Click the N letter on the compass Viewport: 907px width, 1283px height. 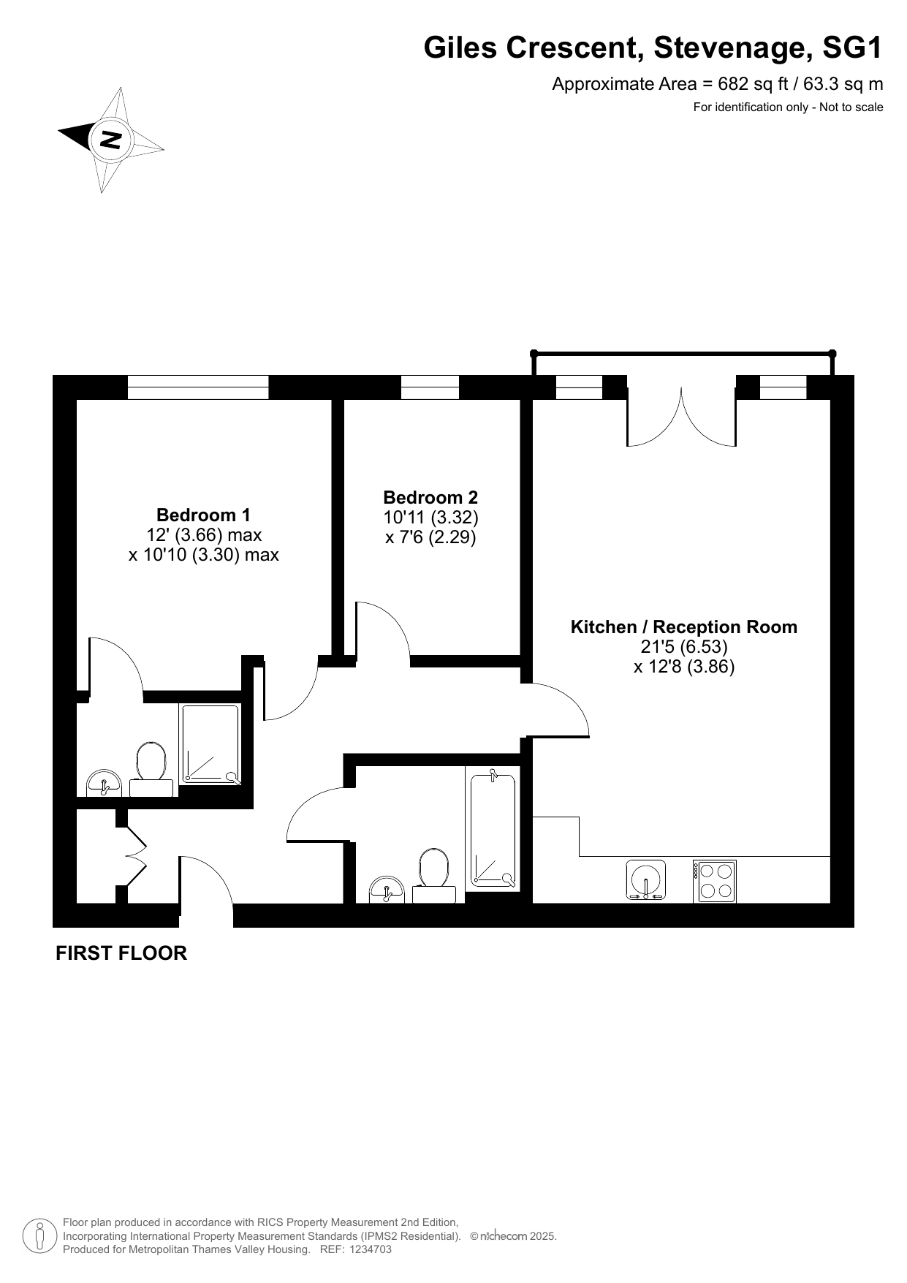[x=111, y=139]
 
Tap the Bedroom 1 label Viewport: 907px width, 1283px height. [x=203, y=515]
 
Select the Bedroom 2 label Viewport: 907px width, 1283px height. [x=430, y=497]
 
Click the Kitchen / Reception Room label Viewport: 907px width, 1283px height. [x=683, y=627]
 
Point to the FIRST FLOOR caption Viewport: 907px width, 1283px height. [x=121, y=953]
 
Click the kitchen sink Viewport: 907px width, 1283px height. [x=646, y=879]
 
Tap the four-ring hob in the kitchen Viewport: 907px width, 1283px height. [x=714, y=881]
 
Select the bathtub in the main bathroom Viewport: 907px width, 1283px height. [x=493, y=829]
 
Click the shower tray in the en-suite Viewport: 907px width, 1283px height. [x=210, y=744]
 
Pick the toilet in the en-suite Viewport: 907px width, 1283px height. [x=151, y=770]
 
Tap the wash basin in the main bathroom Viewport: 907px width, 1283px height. [x=387, y=890]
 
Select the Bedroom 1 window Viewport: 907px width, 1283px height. [x=198, y=387]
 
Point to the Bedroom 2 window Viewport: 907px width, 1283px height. [x=430, y=387]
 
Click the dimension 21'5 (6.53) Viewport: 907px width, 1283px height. [x=683, y=647]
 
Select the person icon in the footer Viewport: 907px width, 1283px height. [x=39, y=1235]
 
